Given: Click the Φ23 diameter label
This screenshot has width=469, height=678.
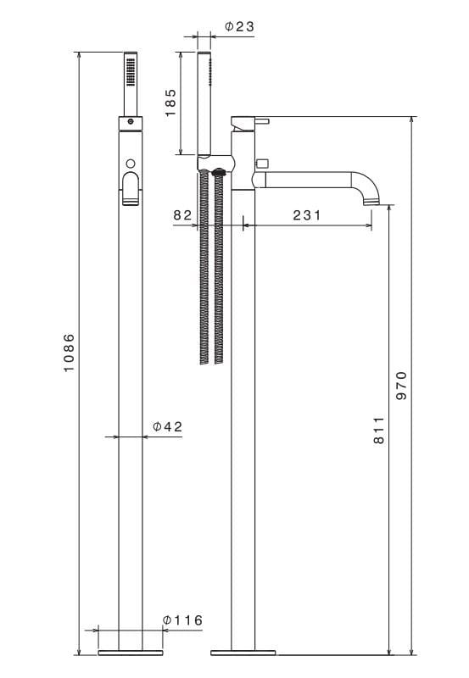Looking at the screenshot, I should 238,27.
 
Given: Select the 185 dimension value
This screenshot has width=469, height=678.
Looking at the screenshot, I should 170,103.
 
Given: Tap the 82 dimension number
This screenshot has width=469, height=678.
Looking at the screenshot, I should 182,215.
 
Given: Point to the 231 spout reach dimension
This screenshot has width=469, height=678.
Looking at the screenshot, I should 306,215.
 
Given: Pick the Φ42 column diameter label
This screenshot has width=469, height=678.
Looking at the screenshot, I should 167,426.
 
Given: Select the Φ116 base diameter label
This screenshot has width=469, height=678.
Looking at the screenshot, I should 182,620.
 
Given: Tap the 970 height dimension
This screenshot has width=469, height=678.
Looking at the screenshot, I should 402,386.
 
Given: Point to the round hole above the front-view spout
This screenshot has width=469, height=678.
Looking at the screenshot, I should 130,163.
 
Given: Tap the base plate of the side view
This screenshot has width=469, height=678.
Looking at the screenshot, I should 243,653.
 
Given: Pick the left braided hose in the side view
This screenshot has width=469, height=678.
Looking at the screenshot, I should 204,267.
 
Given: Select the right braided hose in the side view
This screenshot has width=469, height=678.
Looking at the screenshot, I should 220,267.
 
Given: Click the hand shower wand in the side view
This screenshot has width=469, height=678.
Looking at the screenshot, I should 205,102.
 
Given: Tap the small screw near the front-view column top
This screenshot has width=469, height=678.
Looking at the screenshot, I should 130,123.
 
